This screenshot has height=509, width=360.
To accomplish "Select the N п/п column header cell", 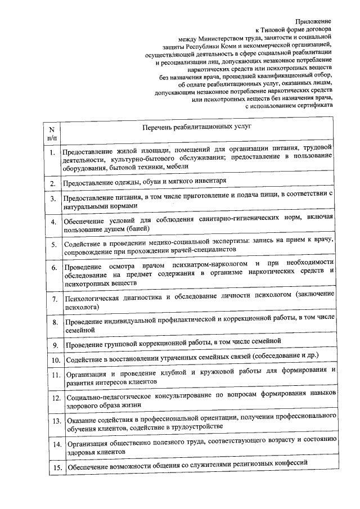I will point(52,132).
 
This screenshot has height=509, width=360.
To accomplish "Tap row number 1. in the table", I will point(52,153).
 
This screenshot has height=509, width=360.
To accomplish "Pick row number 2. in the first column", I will point(52,183).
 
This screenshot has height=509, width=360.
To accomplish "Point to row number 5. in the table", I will point(52,245).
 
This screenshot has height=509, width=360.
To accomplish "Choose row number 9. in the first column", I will point(52,344).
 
